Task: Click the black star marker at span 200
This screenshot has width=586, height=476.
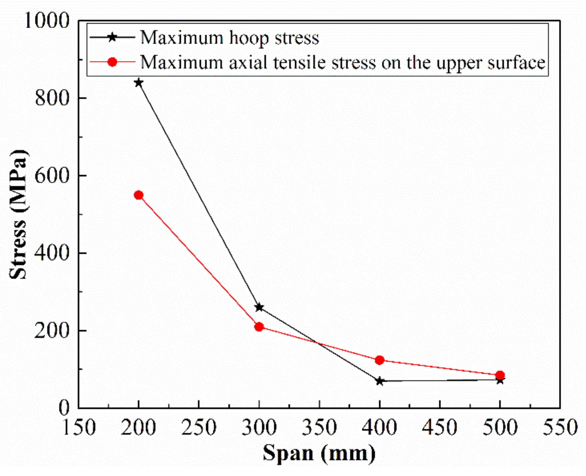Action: [138, 82]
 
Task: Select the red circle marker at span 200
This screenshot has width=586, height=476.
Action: [138, 195]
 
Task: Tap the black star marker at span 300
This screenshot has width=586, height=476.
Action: [259, 307]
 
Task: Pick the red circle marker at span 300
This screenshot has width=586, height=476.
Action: [259, 327]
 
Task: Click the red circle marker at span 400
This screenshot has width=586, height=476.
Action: [380, 360]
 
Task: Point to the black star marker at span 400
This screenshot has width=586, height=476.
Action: [380, 381]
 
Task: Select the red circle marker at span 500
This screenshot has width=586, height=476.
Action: [500, 375]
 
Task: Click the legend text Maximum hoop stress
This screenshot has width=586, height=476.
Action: [230, 38]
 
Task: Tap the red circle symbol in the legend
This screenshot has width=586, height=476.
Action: [112, 62]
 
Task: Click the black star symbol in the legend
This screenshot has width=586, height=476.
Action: [112, 37]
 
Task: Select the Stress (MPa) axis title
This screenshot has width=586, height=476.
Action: [18, 214]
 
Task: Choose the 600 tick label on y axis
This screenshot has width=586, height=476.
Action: [52, 176]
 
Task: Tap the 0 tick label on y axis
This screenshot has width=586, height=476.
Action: [64, 408]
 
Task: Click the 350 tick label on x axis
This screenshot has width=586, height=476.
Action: [319, 428]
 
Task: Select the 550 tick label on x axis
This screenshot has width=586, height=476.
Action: [560, 428]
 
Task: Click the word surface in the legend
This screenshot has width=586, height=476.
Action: [516, 63]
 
